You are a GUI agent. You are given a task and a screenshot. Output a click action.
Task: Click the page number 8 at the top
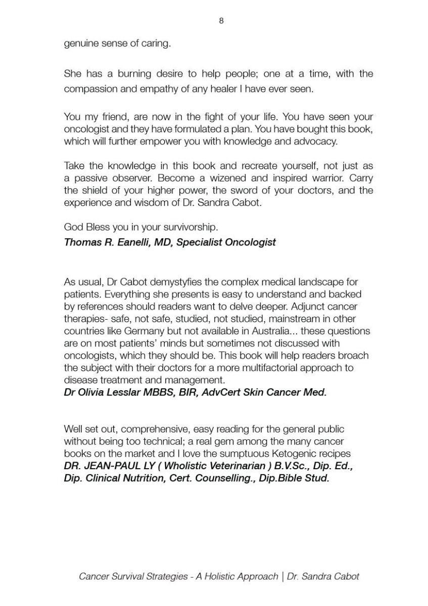tap(221, 21)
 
